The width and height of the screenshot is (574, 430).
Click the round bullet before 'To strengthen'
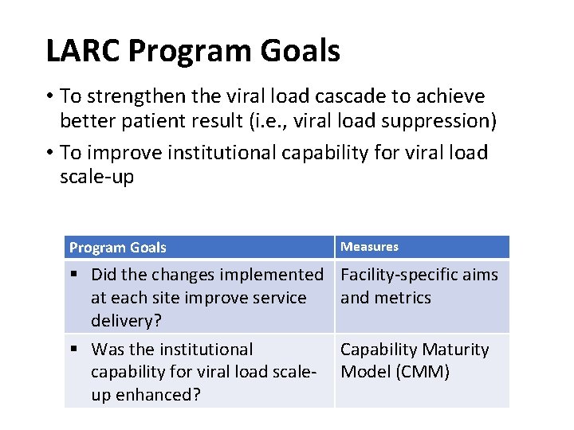tap(49, 97)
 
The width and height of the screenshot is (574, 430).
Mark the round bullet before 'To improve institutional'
tap(49, 153)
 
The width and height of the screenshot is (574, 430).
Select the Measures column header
tap(369, 247)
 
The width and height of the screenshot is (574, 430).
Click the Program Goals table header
tap(118, 248)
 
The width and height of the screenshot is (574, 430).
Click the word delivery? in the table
tap(124, 321)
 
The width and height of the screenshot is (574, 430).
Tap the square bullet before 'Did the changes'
tap(73, 275)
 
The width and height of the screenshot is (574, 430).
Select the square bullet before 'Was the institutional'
tap(73, 350)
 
